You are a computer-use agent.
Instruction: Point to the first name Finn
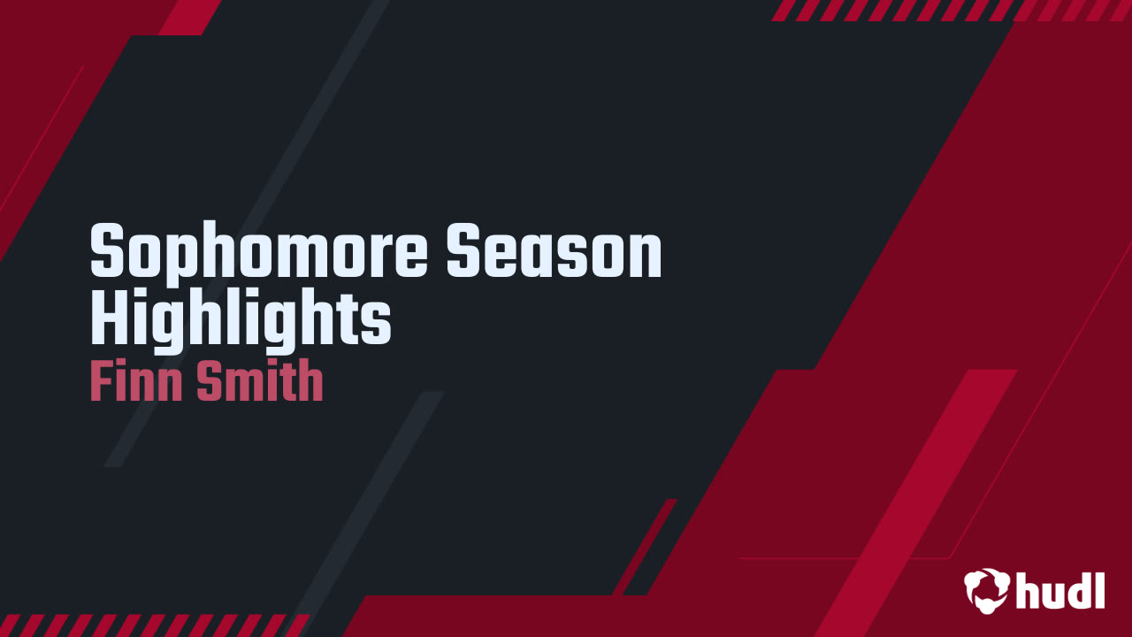(x=136, y=380)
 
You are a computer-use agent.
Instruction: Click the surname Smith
(x=260, y=380)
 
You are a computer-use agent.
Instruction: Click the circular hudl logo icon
(x=986, y=590)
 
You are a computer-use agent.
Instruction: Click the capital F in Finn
(x=101, y=380)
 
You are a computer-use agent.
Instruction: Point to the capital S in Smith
(x=210, y=380)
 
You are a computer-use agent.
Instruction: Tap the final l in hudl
(x=1099, y=590)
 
